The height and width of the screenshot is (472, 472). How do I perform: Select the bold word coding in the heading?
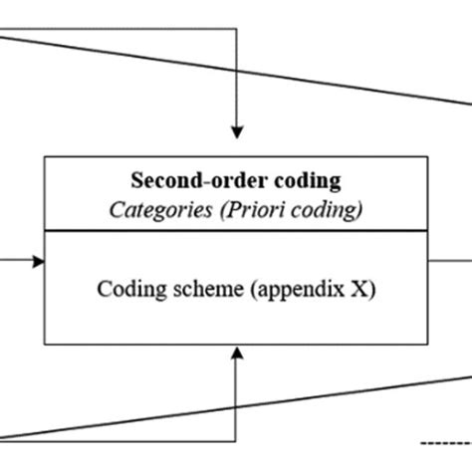click(x=305, y=181)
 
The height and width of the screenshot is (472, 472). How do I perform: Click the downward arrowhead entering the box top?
click(x=236, y=131)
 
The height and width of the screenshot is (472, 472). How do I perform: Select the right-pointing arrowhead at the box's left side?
click(x=39, y=261)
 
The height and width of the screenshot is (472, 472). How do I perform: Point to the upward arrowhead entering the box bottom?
click(x=236, y=351)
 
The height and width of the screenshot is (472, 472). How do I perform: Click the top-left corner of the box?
click(x=45, y=157)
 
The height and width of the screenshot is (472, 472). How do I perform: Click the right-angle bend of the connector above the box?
click(x=236, y=29)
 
